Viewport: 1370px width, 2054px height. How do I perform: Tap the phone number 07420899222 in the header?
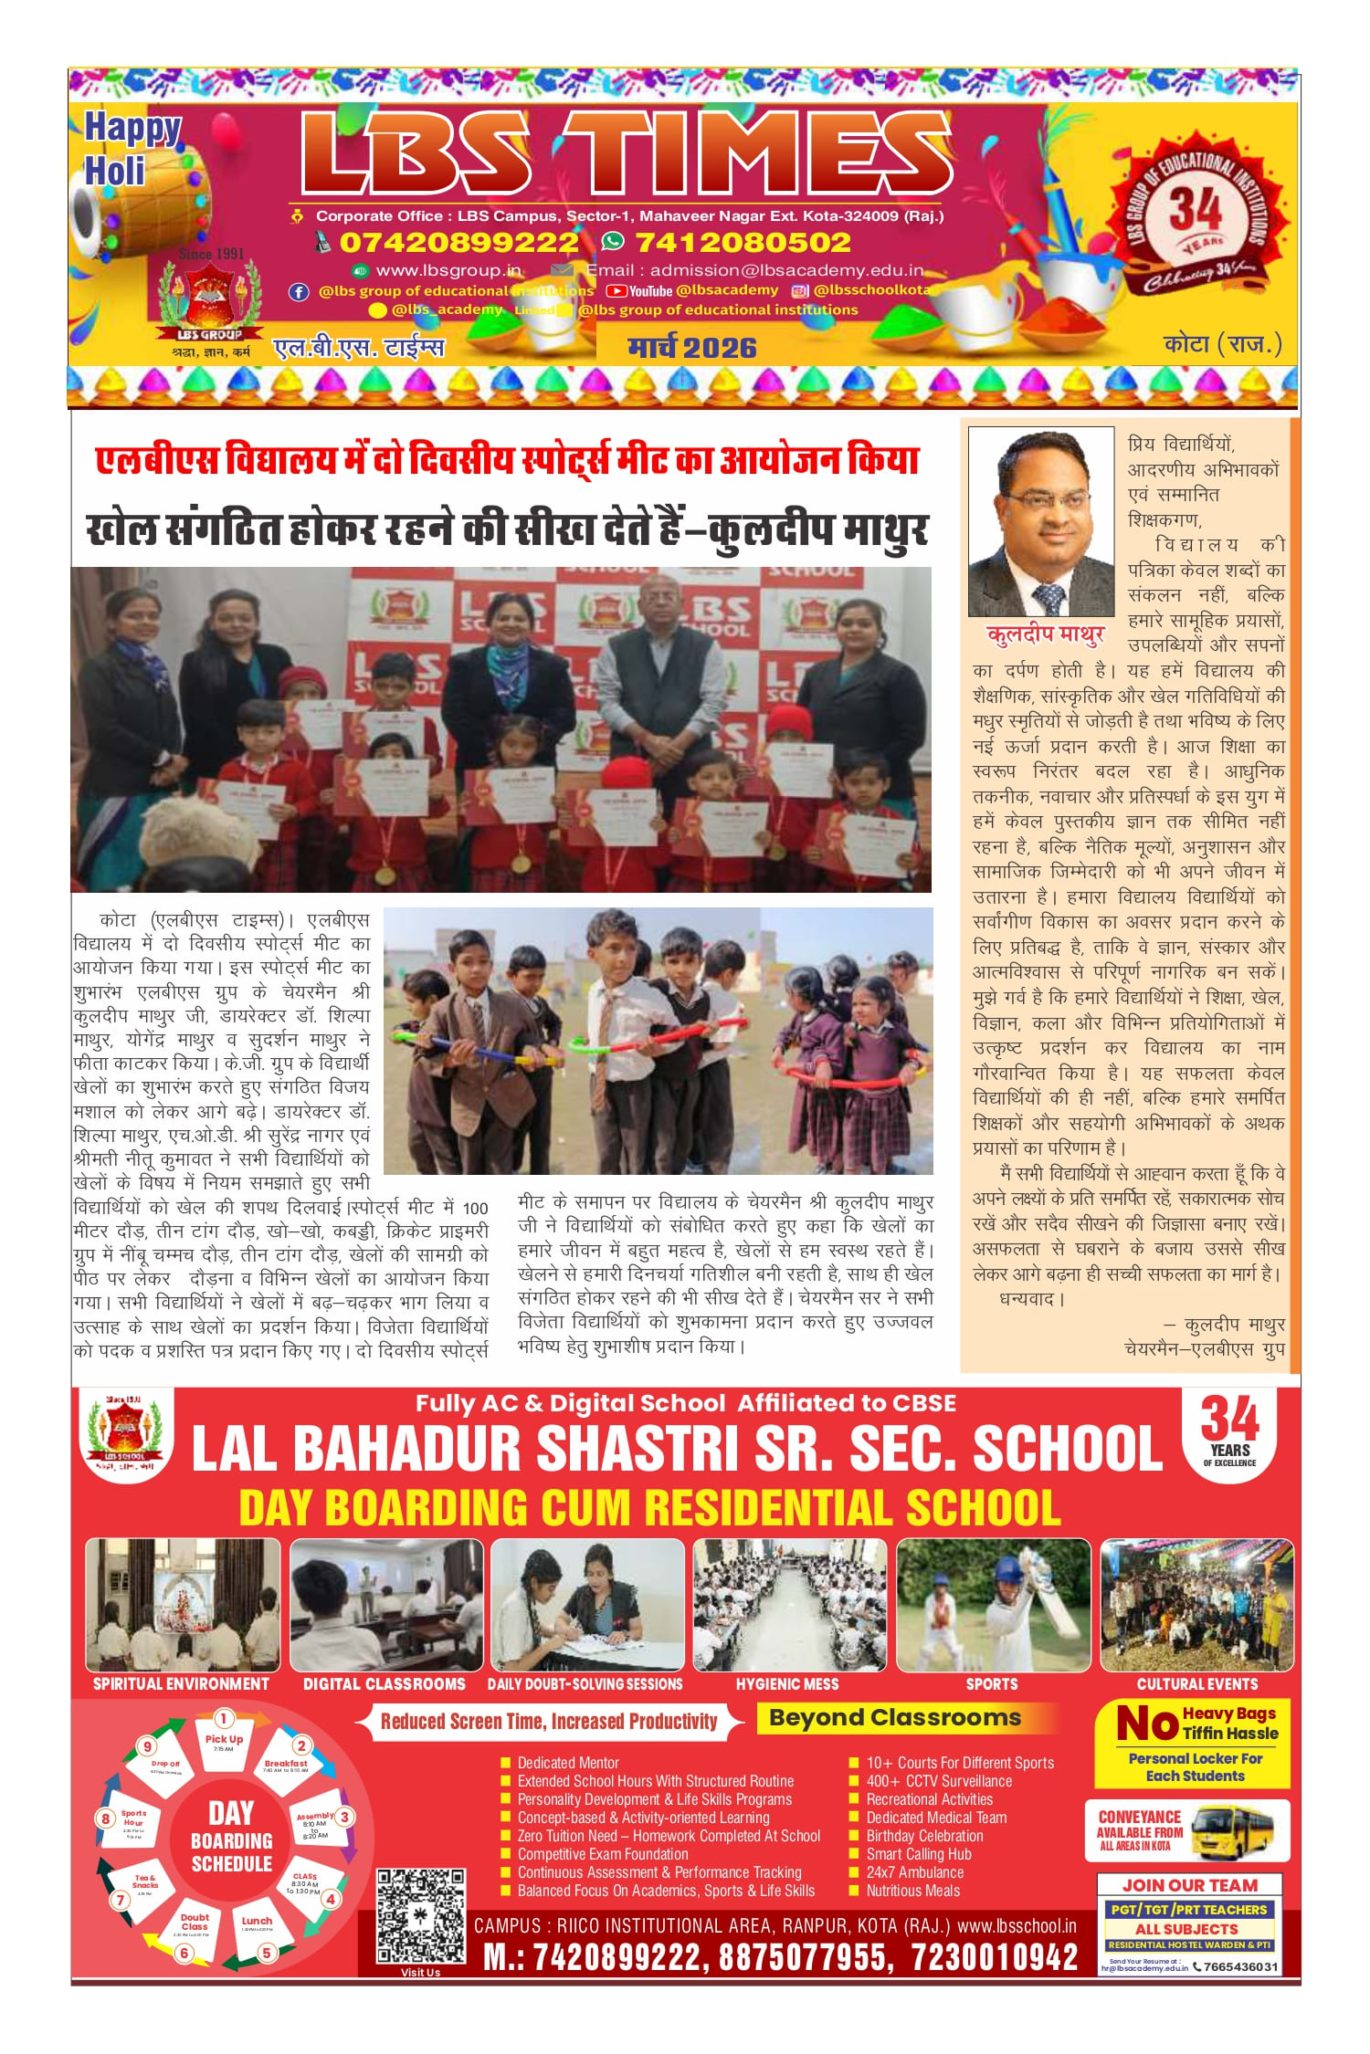(x=458, y=242)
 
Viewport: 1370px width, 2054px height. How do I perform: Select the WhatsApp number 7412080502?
(x=742, y=242)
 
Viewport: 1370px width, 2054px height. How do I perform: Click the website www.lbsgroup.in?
(x=448, y=270)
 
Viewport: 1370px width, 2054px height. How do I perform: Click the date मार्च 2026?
(x=691, y=348)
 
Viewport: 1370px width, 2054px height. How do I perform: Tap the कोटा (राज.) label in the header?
(x=1222, y=344)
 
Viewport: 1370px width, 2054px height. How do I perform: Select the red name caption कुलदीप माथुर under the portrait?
(x=1046, y=634)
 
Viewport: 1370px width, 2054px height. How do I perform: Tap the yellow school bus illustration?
(x=1233, y=1829)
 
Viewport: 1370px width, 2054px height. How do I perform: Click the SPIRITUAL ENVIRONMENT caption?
(x=181, y=1683)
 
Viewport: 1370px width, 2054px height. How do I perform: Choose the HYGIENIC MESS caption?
(x=786, y=1683)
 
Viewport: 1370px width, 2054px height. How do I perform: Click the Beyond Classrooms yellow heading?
(x=894, y=1718)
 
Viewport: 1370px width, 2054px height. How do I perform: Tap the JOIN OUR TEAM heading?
(x=1189, y=1885)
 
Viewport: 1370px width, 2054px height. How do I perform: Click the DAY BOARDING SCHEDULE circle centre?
(x=231, y=1838)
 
